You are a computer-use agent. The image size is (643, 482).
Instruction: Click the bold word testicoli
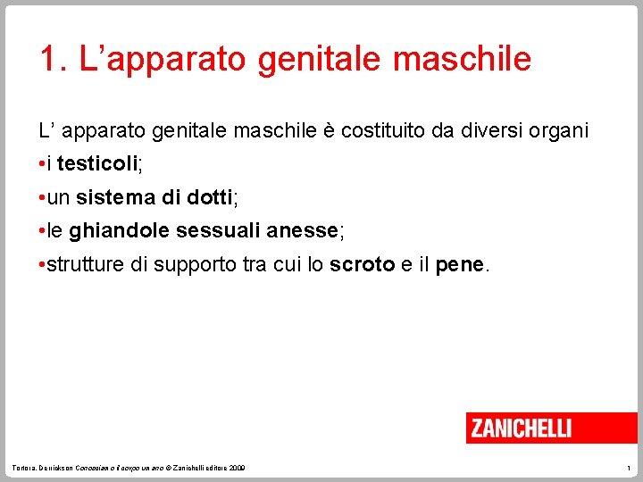pyautogui.click(x=97, y=164)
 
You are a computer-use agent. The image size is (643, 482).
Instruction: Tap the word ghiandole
pyautogui.click(x=120, y=231)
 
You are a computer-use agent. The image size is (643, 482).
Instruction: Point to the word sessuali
pyautogui.click(x=219, y=231)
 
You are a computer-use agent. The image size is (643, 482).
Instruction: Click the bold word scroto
pyautogui.click(x=363, y=265)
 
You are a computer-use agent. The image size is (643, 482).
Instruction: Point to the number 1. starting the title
pyautogui.click(x=53, y=59)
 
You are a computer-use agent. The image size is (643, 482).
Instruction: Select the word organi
pyautogui.click(x=558, y=130)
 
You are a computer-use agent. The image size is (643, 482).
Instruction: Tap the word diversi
pyautogui.click(x=489, y=130)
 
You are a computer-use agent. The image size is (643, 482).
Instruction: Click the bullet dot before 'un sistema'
pyautogui.click(x=42, y=198)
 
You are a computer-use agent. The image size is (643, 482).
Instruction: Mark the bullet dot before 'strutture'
pyautogui.click(x=42, y=266)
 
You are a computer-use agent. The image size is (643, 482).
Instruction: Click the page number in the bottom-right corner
pyautogui.click(x=629, y=468)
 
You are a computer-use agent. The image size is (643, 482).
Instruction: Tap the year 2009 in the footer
pyautogui.click(x=238, y=468)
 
